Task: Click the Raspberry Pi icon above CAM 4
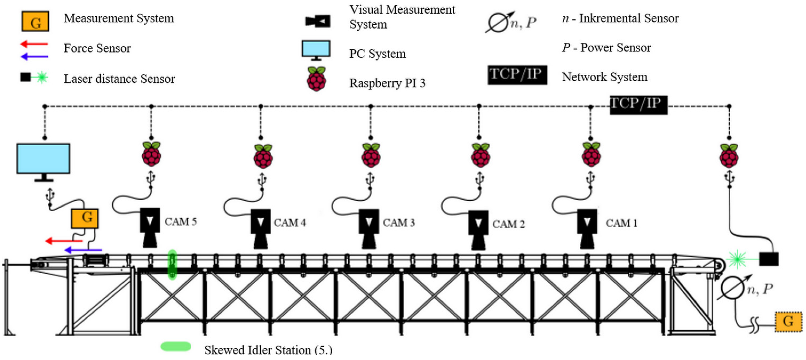coord(263,156)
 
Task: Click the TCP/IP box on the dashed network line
coord(638,105)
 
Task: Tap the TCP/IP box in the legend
coord(517,75)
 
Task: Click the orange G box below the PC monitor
coord(85,218)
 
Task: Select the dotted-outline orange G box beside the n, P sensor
coord(788,322)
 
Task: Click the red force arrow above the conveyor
coord(64,240)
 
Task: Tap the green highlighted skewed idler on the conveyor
coord(172,264)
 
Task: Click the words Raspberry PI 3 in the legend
coord(387,83)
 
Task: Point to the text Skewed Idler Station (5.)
coord(268,349)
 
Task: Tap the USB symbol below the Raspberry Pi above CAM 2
coord(480,179)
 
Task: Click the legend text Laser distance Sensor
coord(119,78)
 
